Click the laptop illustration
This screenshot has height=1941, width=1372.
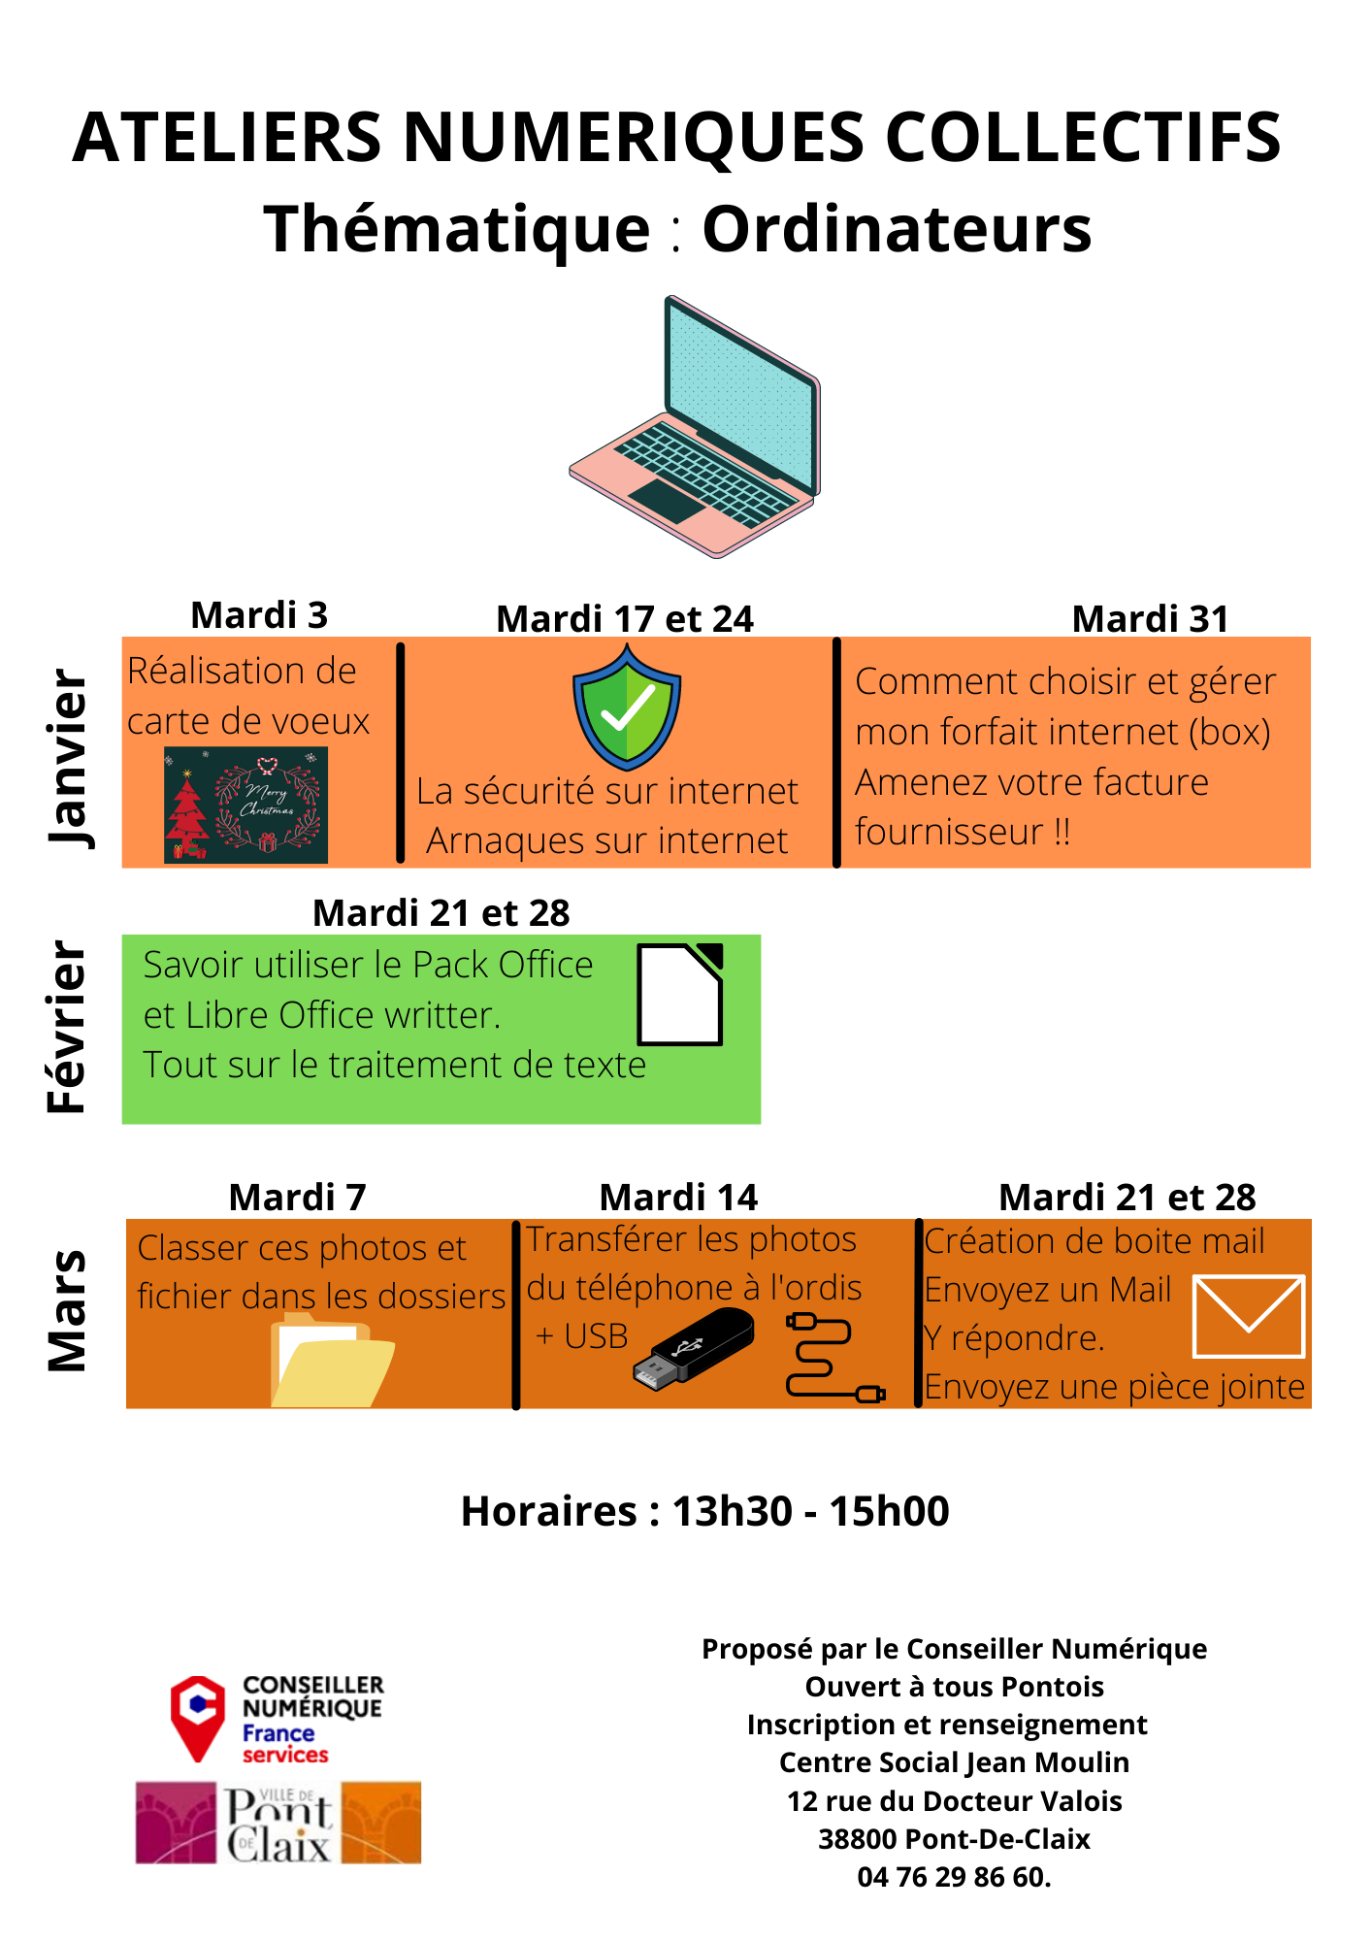695,427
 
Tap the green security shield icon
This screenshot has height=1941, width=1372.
627,707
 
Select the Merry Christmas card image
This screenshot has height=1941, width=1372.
245,805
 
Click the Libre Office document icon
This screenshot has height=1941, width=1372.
680,994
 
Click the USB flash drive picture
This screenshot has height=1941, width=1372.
693,1345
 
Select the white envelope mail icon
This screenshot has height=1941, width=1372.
1249,1316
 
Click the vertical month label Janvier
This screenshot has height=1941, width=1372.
69,758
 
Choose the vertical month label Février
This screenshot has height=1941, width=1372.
67,1026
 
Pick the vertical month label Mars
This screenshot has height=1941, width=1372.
67,1310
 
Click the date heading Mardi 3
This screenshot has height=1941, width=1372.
259,615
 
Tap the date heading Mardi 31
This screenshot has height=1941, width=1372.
1150,619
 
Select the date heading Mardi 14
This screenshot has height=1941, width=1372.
678,1198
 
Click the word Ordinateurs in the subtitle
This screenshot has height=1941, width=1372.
897,229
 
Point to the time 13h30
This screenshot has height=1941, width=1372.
733,1511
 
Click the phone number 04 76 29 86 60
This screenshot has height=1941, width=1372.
954,1877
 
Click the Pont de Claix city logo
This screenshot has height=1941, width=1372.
278,1823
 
